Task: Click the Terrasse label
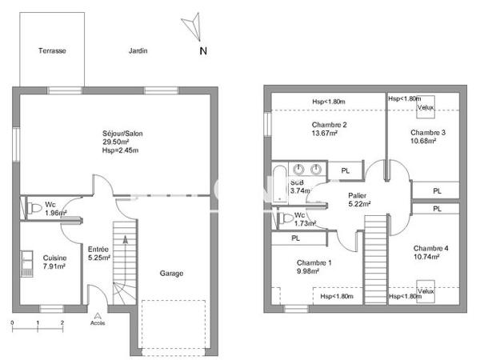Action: point(52,50)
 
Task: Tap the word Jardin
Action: point(138,50)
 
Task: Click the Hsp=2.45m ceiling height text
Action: point(120,150)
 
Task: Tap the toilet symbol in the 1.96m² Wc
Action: point(34,208)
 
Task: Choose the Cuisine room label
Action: point(54,258)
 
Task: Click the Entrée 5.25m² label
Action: point(98,254)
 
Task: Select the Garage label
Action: point(171,274)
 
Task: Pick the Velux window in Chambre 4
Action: point(425,290)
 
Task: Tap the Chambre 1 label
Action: point(314,263)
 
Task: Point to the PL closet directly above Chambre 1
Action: point(295,238)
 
